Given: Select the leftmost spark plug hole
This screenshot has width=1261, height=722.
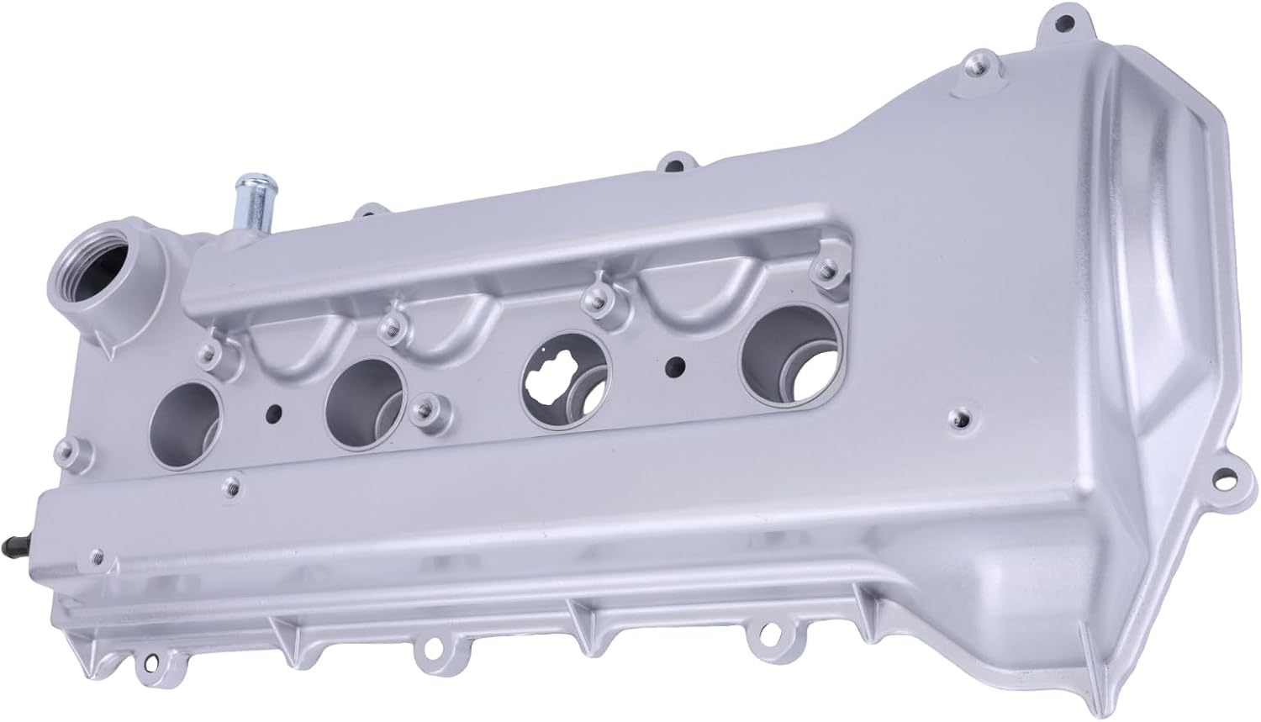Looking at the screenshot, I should coord(186,418).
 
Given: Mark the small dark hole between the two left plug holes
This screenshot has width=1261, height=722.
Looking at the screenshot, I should coord(272,413).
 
